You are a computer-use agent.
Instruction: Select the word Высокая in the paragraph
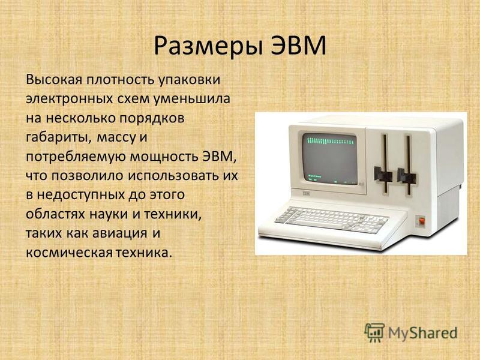click(55, 79)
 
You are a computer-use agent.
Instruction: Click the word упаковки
click(189, 80)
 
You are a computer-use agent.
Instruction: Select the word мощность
click(164, 157)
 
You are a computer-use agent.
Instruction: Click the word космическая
click(69, 253)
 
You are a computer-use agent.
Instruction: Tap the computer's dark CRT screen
click(330, 158)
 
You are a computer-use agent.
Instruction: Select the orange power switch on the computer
click(422, 221)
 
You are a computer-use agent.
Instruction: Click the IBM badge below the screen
click(305, 193)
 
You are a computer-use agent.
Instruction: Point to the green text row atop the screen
click(330, 140)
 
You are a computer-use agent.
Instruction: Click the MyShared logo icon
click(374, 332)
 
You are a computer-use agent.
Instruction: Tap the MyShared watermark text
click(423, 333)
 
